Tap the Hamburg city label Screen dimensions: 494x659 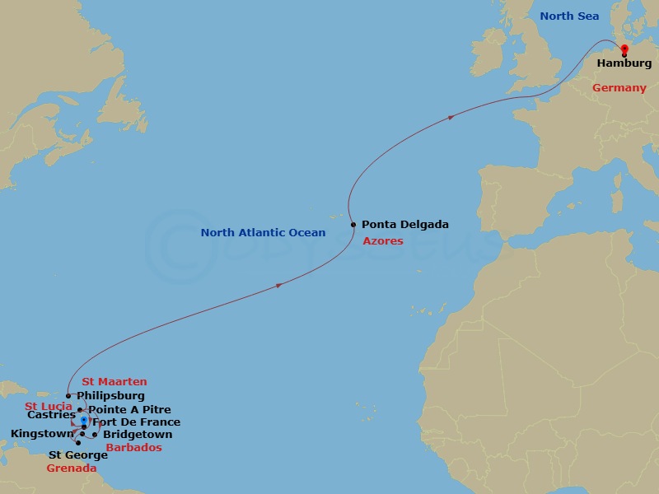click(x=624, y=63)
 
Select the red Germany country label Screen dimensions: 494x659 click(x=619, y=88)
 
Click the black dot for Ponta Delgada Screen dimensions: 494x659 click(x=353, y=225)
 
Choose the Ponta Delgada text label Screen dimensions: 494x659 click(x=405, y=225)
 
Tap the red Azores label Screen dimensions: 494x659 click(x=383, y=241)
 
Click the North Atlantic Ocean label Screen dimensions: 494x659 click(x=263, y=233)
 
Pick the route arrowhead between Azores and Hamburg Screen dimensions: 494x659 click(x=451, y=118)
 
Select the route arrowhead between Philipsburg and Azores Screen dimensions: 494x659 click(x=280, y=286)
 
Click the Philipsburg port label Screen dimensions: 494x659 click(x=110, y=396)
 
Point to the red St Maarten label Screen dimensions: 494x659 click(x=115, y=382)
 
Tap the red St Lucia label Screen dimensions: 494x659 click(x=49, y=407)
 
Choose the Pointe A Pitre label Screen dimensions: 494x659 click(x=129, y=409)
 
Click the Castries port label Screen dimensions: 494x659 click(x=51, y=416)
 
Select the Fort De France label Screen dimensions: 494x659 click(x=136, y=422)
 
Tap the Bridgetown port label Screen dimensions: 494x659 click(x=138, y=435)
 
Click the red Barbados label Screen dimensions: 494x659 click(x=133, y=448)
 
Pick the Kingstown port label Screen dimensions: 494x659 click(x=42, y=434)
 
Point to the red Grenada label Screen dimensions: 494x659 click(x=72, y=468)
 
